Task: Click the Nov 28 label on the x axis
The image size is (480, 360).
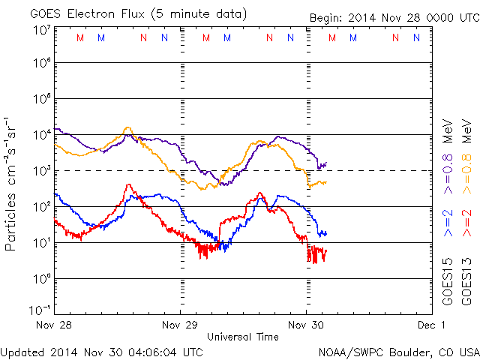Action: tap(54, 325)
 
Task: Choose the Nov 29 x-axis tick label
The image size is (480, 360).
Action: tap(180, 325)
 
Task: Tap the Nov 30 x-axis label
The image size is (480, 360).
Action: tap(307, 325)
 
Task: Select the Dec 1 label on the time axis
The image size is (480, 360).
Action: tap(433, 325)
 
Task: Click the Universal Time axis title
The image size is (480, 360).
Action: tap(243, 337)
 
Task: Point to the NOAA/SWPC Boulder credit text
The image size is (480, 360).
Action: tap(397, 351)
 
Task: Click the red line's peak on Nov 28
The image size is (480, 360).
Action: tap(128, 184)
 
